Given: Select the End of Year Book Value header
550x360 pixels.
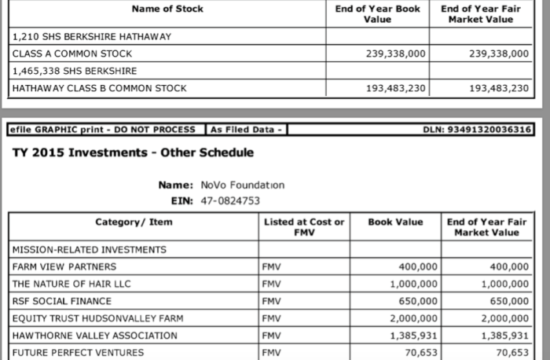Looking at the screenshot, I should tap(378, 13).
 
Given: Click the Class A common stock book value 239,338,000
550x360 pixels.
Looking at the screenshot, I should tap(396, 53).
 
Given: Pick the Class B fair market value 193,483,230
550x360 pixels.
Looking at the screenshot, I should tap(499, 88).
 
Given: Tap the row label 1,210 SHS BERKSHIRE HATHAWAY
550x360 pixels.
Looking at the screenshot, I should tap(92, 36).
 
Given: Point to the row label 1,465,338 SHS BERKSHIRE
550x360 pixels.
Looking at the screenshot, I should tap(81, 71).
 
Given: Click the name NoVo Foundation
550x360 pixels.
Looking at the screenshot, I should tap(237, 186).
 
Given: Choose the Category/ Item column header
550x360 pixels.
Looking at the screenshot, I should tap(134, 222).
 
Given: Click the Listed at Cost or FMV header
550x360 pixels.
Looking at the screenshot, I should tap(303, 227).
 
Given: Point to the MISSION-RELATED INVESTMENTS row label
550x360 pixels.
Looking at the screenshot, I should tap(90, 250).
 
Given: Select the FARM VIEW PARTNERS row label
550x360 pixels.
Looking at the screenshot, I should tap(64, 267).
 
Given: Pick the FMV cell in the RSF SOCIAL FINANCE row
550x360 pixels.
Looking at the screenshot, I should tap(273, 302).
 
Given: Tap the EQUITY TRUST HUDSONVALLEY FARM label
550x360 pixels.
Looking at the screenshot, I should tap(95, 319).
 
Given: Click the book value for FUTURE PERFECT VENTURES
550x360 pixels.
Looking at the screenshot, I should tap(419, 353).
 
